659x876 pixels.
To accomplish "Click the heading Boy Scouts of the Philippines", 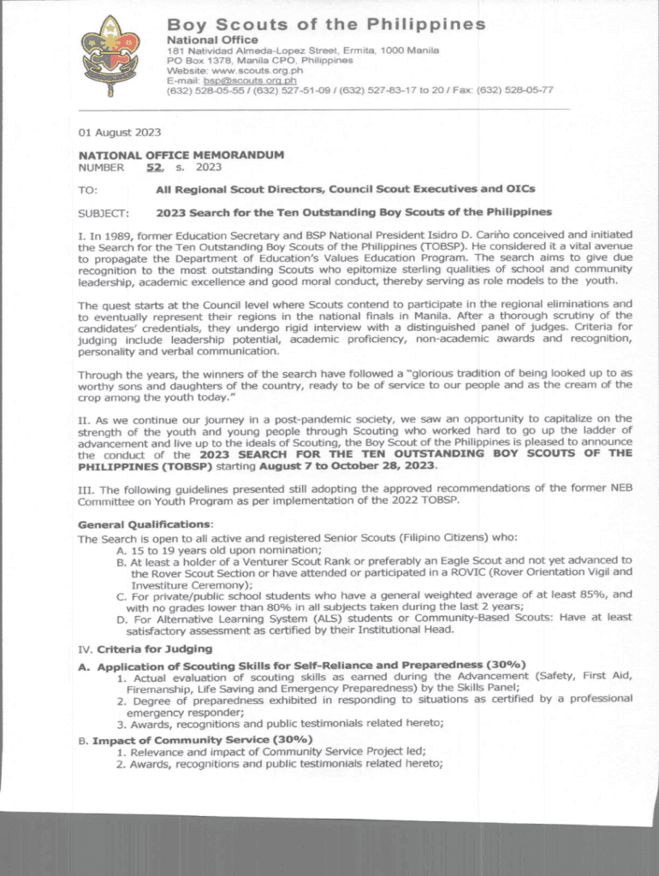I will (325, 25).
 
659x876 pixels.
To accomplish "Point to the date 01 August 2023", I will (119, 132).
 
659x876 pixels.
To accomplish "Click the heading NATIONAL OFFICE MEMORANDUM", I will (181, 156).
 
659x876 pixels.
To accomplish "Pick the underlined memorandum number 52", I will (154, 168).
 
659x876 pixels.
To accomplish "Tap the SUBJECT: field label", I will (103, 212).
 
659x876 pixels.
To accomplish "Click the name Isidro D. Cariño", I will (458, 234).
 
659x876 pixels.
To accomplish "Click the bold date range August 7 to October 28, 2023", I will (359, 466).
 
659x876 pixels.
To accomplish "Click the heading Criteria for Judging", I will (154, 648).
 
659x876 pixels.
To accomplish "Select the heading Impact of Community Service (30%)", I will (202, 739).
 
